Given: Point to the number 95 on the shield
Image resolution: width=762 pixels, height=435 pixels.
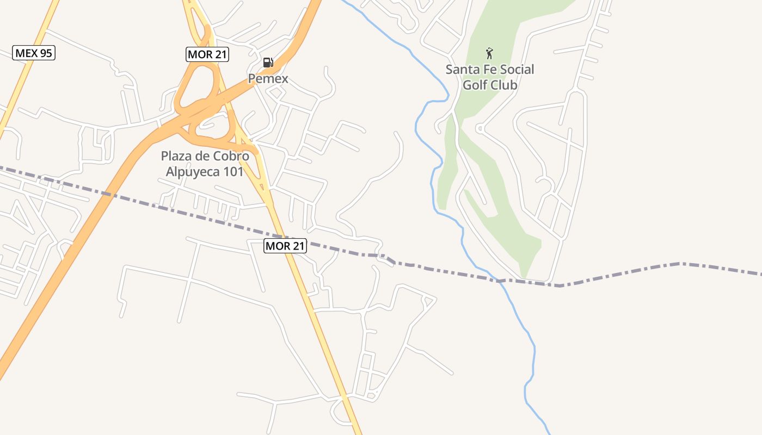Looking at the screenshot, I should coord(45,53).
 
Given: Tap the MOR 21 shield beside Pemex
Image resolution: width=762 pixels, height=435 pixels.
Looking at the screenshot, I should coord(207,54).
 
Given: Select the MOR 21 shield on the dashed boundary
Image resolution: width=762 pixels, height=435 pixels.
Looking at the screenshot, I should coord(285,246).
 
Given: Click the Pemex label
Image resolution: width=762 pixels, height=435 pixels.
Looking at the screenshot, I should coord(268,79).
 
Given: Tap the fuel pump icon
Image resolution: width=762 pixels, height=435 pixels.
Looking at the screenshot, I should coord(268,63).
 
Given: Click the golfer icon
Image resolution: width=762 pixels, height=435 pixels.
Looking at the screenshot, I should coord(489,53).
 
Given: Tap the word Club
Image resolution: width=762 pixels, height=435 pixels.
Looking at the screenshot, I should coord(504,85).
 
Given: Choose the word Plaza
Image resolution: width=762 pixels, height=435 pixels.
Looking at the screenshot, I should coord(176,157).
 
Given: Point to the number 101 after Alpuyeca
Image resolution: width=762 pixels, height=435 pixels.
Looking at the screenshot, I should coord(235,172).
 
